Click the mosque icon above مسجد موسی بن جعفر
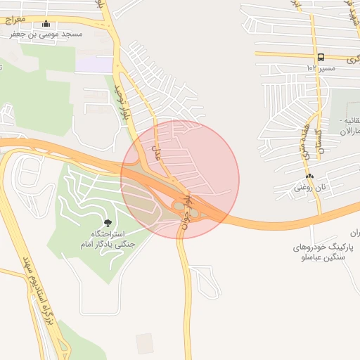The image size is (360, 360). click(x=46, y=23)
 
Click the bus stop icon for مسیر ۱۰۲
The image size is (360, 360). click(x=321, y=57)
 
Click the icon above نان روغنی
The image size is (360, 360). click(x=309, y=176)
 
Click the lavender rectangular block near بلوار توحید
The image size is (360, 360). click(x=94, y=65)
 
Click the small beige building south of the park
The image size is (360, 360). click(x=145, y=343)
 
